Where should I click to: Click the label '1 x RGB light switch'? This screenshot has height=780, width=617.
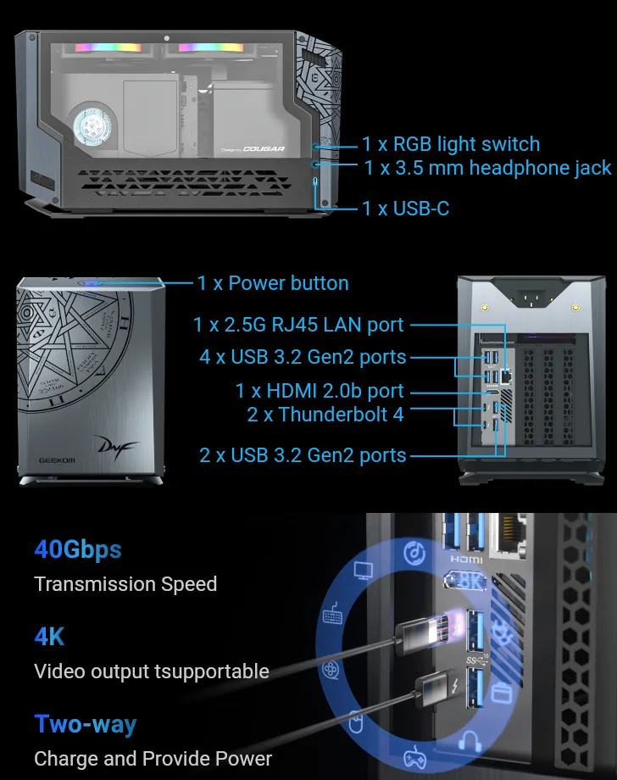[x=451, y=144]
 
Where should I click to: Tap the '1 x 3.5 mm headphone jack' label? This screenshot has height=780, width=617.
[x=487, y=168]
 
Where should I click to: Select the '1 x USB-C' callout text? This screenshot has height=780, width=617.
[x=406, y=209]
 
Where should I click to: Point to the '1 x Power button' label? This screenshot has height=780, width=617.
[x=273, y=283]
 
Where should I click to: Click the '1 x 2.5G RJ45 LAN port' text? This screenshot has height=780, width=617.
[x=298, y=325]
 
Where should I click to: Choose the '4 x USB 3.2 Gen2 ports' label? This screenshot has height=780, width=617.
[x=303, y=357]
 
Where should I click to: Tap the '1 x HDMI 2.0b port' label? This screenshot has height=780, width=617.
[x=320, y=391]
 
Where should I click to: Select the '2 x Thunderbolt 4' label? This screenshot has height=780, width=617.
[x=325, y=415]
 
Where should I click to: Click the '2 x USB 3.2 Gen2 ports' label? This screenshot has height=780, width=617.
[x=303, y=455]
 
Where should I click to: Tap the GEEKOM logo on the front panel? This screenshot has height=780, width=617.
[x=57, y=460]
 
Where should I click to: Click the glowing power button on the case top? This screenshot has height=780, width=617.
[x=91, y=283]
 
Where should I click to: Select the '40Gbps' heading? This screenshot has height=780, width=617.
[x=78, y=549]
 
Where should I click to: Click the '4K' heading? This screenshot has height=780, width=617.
[x=49, y=637]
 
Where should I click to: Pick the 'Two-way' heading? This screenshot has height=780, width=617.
[x=86, y=724]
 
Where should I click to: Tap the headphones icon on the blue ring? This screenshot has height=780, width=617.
[x=470, y=742]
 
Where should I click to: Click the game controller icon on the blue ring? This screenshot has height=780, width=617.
[x=414, y=756]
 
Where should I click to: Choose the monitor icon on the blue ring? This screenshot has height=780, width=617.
[x=364, y=570]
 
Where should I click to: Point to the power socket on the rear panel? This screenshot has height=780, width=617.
[x=531, y=299]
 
